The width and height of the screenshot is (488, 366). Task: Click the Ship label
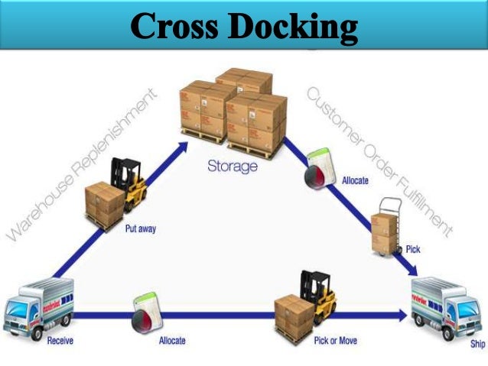click(476, 344)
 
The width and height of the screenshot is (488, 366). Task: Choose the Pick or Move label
click(334, 340)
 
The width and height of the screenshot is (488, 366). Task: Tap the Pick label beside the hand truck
click(413, 249)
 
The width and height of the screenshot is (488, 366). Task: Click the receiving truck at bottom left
click(38, 306)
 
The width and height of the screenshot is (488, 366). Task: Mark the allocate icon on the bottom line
click(143, 313)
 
